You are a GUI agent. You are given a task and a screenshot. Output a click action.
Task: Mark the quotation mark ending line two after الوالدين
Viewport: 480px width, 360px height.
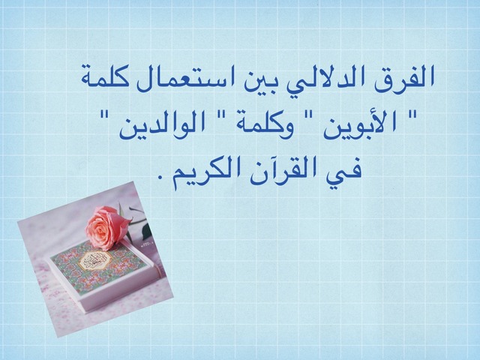click(106, 116)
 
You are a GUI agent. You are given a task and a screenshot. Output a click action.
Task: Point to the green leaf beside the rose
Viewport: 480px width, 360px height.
click(147, 232)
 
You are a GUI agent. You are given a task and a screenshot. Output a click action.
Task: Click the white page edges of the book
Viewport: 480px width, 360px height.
click(122, 293)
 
